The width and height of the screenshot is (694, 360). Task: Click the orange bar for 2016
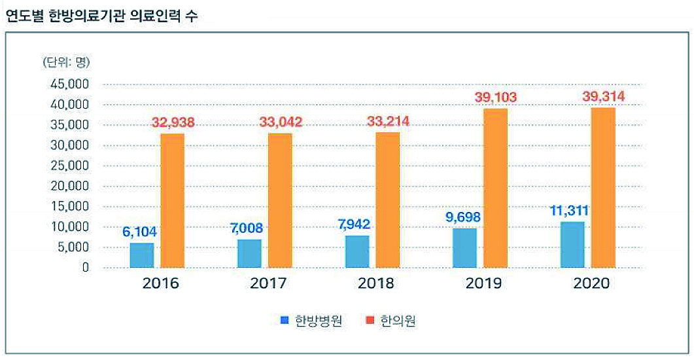(x=173, y=200)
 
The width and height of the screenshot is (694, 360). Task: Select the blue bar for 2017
(x=249, y=253)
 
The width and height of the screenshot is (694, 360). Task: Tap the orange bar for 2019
(x=495, y=188)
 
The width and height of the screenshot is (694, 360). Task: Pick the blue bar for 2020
(x=572, y=245)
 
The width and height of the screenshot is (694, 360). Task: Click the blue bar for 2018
(x=357, y=251)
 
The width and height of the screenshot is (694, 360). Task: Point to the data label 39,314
(x=603, y=97)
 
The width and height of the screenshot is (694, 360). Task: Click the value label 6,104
(x=140, y=231)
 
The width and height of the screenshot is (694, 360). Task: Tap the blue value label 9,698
(x=464, y=217)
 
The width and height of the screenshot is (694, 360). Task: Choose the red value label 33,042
(x=281, y=122)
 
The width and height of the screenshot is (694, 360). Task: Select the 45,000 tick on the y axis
(x=69, y=84)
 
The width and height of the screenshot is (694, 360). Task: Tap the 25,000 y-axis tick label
(x=69, y=166)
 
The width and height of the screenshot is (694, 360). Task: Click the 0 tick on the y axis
(x=85, y=268)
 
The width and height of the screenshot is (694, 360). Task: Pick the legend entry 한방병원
(x=311, y=321)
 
